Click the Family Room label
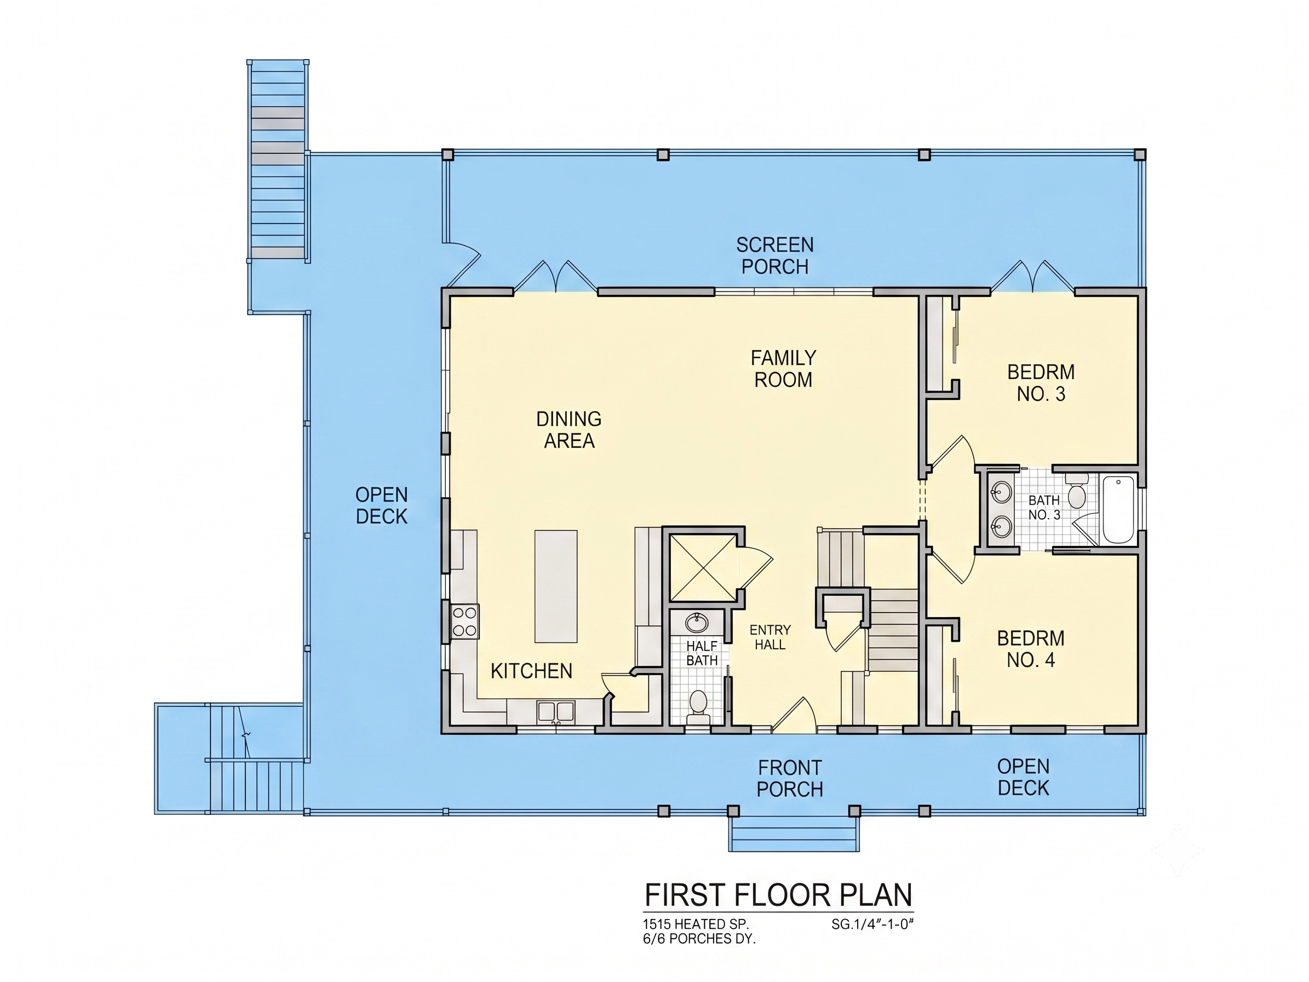784,368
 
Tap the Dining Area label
569,430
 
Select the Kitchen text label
531,671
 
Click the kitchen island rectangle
556,586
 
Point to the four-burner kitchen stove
465,621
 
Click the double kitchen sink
556,711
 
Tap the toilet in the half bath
698,707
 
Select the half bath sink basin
697,623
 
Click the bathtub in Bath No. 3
1118,509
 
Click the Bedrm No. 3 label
1041,382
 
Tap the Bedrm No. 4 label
1031,649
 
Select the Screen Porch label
774,256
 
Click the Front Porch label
790,778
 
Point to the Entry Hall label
770,637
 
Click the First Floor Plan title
778,894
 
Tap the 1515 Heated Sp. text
696,924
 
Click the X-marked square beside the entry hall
703,568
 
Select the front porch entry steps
794,835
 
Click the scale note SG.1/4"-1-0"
872,924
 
